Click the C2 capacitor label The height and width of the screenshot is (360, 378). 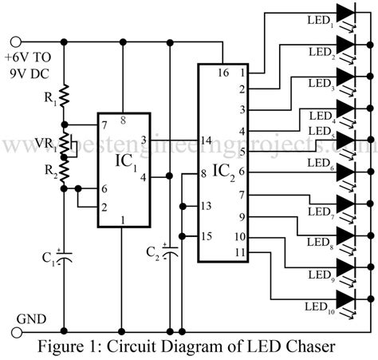point(152,253)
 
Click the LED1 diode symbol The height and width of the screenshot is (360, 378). point(347,13)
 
